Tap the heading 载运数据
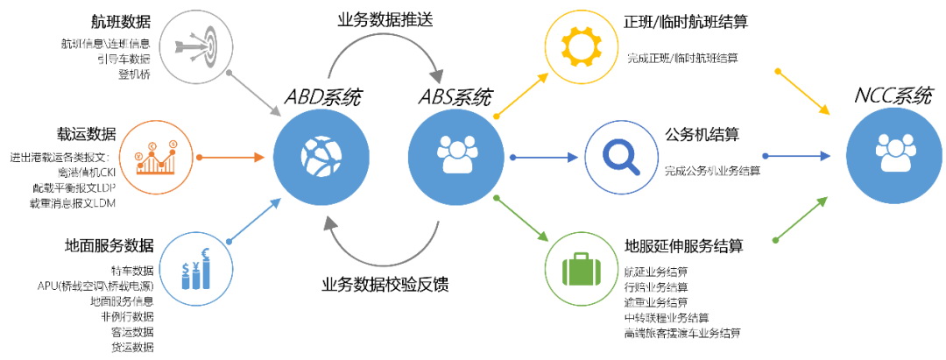(x=84, y=134)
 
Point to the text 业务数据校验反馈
(x=386, y=284)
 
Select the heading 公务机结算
(x=702, y=136)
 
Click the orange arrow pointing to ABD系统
(x=232, y=158)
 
